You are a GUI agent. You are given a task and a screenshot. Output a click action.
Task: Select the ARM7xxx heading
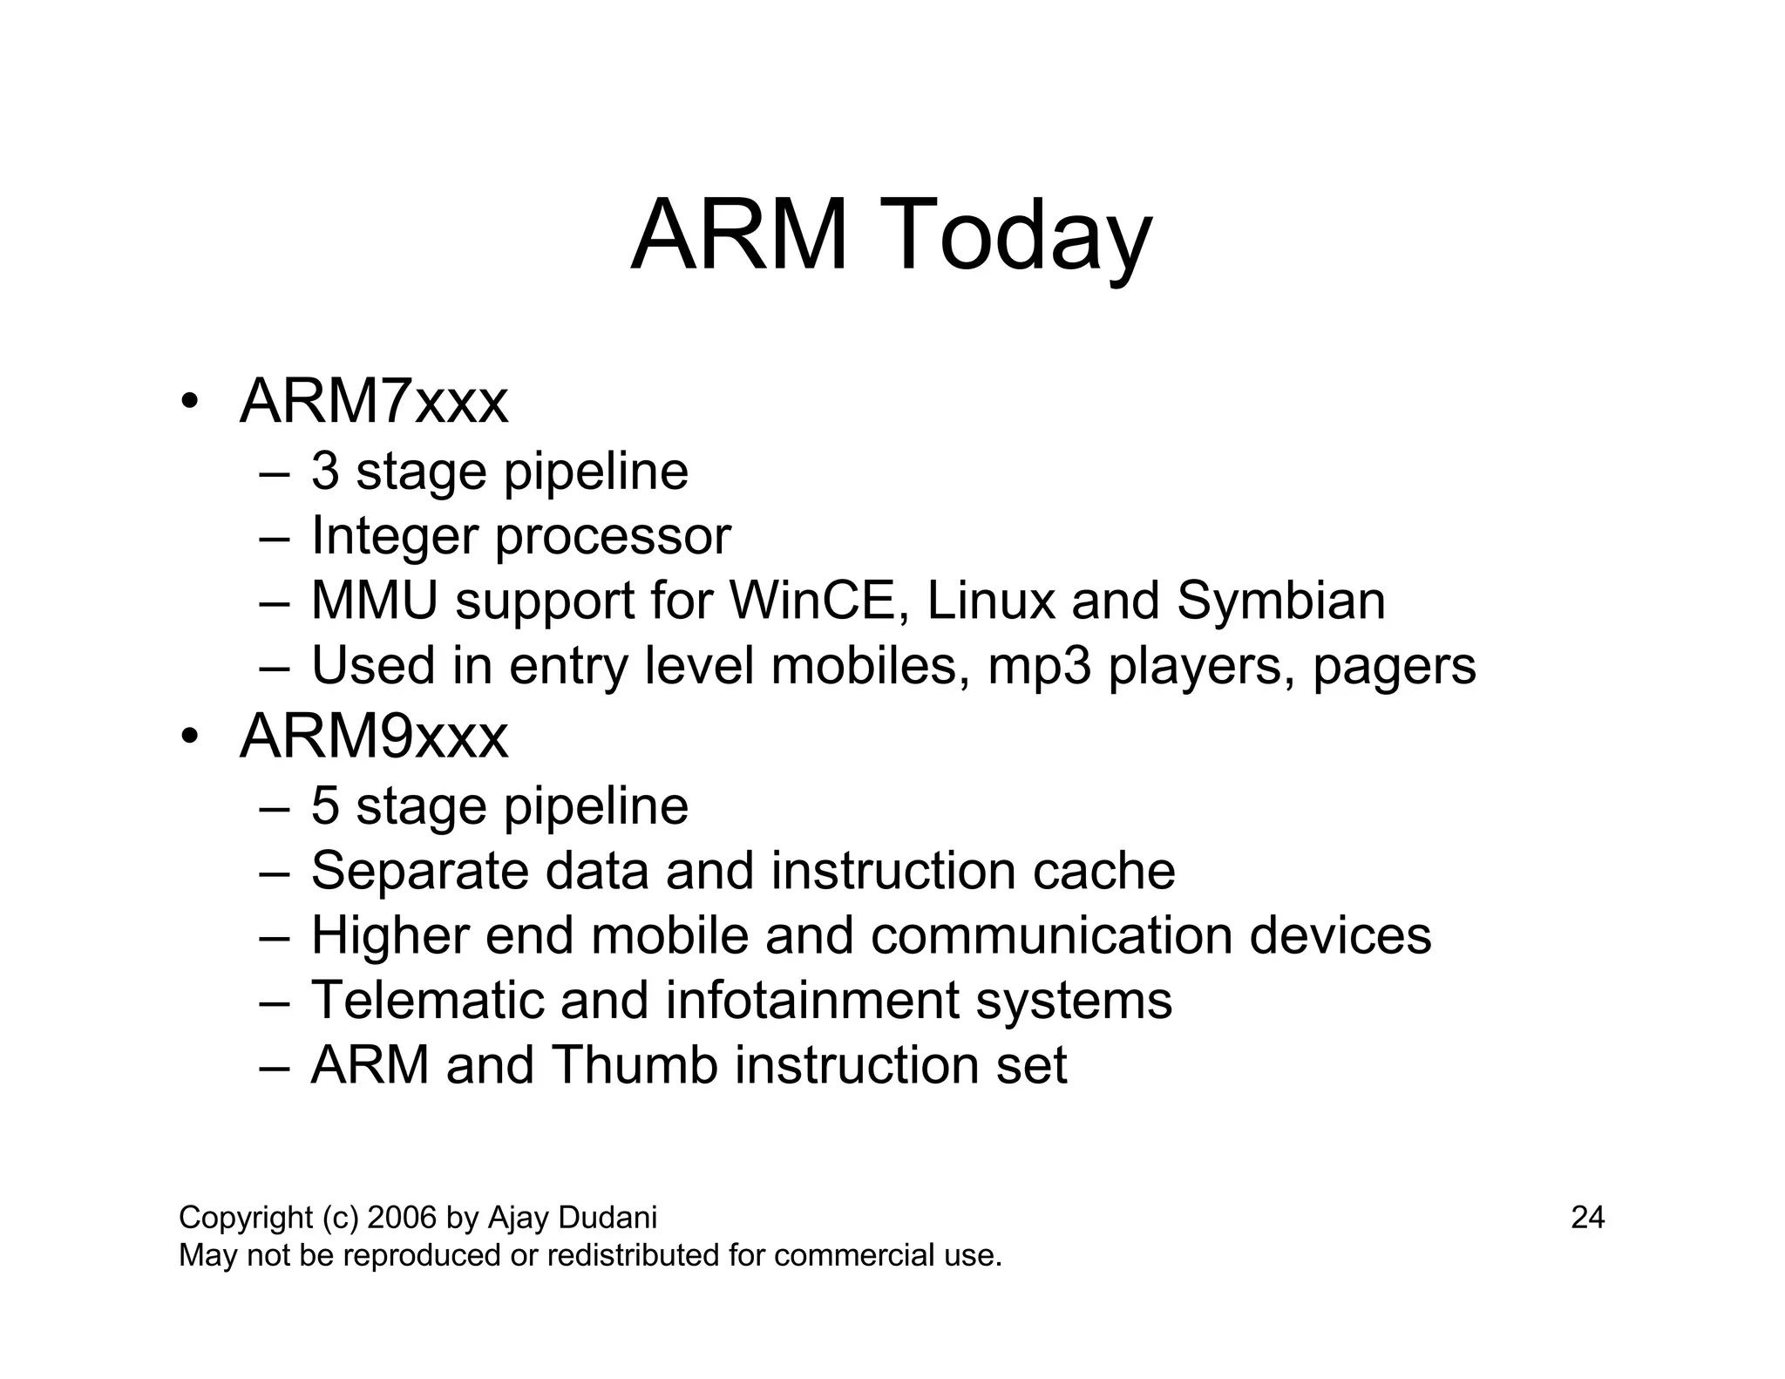coord(373,403)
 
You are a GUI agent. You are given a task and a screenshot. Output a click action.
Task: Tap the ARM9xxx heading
coord(373,737)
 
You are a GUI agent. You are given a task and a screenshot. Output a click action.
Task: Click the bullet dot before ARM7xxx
coord(189,403)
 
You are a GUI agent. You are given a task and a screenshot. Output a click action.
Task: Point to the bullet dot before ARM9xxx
coord(189,737)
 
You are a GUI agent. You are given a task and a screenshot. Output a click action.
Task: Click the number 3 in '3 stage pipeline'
coord(325,472)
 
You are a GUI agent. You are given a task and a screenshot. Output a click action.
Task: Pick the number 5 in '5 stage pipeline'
coord(325,806)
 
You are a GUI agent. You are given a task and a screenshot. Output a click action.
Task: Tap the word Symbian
coord(1280,601)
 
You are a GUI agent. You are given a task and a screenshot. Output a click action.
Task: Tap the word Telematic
coord(427,1001)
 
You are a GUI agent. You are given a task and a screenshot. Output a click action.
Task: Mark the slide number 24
coord(1587,1218)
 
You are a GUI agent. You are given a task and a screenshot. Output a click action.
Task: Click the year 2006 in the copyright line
coord(402,1218)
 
